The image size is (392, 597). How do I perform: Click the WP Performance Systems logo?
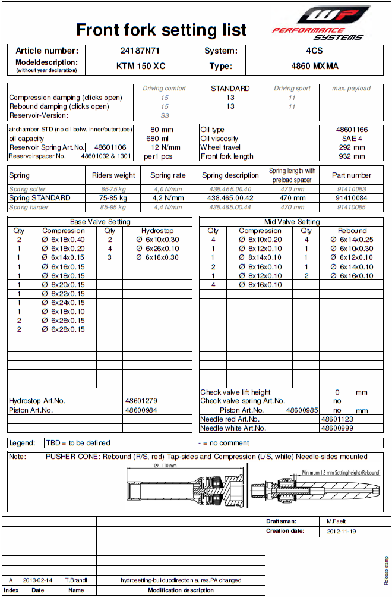(320, 23)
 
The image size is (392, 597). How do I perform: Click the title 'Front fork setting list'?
(162, 30)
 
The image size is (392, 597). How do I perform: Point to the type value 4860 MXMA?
(314, 66)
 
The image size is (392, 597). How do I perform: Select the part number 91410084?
(352, 198)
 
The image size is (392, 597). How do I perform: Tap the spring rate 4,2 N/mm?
(167, 198)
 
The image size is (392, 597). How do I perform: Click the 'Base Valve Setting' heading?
(100, 222)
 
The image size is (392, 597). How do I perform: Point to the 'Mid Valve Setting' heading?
(291, 222)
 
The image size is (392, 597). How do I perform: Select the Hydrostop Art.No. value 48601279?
(141, 401)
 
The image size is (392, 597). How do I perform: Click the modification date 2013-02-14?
(37, 580)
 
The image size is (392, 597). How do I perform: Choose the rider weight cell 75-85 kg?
(113, 198)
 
